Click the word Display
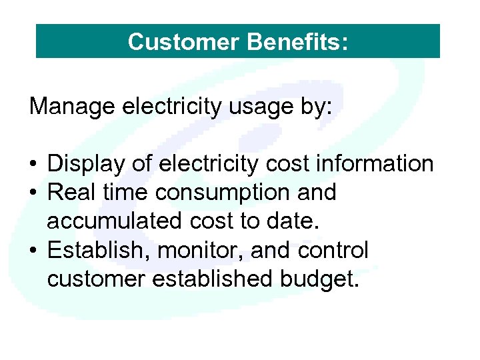click(83, 164)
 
